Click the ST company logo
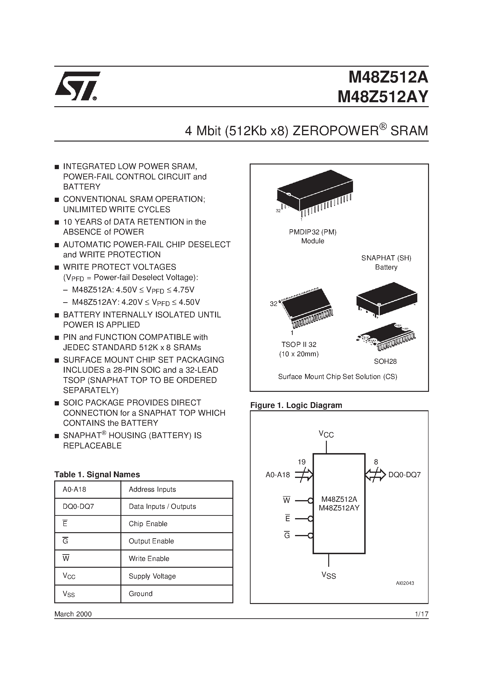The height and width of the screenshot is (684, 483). pyautogui.click(x=77, y=86)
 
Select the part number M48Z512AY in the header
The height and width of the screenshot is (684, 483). pyautogui.click(x=383, y=97)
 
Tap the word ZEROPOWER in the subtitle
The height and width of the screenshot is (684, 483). pyautogui.click(x=335, y=131)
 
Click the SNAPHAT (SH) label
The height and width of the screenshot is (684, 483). pyautogui.click(x=386, y=258)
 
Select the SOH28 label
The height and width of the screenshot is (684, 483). pyautogui.click(x=385, y=361)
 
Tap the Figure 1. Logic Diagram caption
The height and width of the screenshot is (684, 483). pyautogui.click(x=296, y=405)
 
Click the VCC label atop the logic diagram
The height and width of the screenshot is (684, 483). pyautogui.click(x=326, y=434)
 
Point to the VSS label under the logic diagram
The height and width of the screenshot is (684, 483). pyautogui.click(x=329, y=575)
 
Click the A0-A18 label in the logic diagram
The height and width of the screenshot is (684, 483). pyautogui.click(x=278, y=475)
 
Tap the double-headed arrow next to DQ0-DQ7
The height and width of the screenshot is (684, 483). pyautogui.click(x=375, y=475)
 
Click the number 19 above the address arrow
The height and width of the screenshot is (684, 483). pyautogui.click(x=302, y=462)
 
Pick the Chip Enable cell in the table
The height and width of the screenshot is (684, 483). pyautogui.click(x=148, y=524)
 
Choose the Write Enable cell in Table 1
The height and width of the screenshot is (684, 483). pyautogui.click(x=149, y=559)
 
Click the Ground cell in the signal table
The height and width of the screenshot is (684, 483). pyautogui.click(x=141, y=594)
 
